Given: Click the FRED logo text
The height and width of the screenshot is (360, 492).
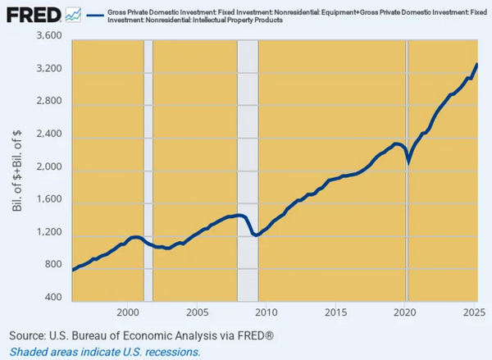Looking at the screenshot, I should [32, 15].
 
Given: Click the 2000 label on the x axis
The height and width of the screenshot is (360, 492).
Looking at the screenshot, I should [127, 312].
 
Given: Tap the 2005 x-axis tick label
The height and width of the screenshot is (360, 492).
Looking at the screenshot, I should [197, 312].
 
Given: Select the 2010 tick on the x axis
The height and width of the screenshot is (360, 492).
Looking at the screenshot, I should [266, 312].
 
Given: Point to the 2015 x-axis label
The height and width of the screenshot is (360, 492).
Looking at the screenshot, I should [335, 312].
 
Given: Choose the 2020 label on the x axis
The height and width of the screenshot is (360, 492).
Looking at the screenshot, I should [404, 312].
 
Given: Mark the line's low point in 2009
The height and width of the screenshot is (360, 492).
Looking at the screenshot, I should [257, 235].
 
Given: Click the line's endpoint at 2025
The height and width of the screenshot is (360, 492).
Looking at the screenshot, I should [478, 64].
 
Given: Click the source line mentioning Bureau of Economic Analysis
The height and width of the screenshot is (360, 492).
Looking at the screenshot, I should [141, 336].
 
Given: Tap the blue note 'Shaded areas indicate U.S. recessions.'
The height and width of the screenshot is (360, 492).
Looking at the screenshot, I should [104, 351].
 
